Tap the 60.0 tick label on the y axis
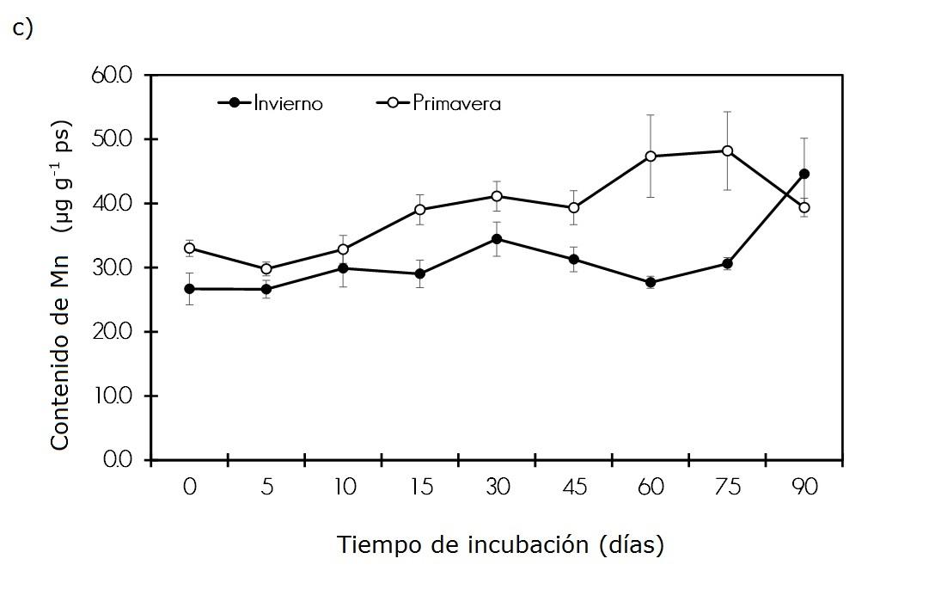tap(112, 75)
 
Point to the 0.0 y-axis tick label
tap(116, 460)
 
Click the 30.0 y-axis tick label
tap(112, 267)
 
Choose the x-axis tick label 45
tap(574, 487)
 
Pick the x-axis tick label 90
tap(804, 487)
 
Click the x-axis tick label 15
tap(420, 487)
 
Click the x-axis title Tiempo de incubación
tap(500, 544)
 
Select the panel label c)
tap(22, 28)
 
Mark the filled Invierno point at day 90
tap(804, 174)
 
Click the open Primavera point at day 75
tap(727, 150)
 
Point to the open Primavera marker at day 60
tap(651, 157)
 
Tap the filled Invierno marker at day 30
tap(497, 239)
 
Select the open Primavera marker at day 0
tap(190, 249)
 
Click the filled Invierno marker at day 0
tap(190, 289)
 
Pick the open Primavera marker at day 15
tap(420, 210)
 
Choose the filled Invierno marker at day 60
tap(651, 282)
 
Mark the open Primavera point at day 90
tap(804, 207)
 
